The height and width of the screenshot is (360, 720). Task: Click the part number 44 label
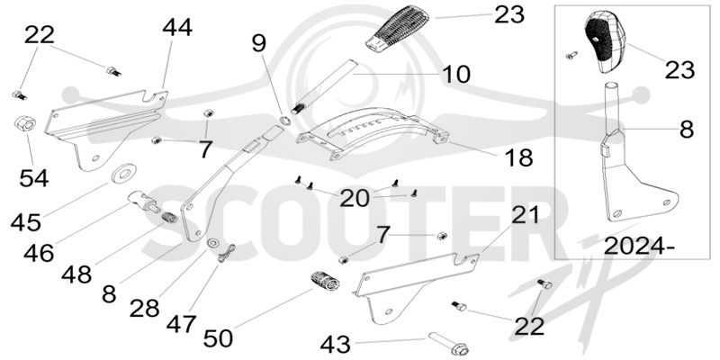pos(177,27)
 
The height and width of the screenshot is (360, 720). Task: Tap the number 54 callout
pos(34,177)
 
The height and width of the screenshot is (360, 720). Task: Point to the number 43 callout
pos(335,344)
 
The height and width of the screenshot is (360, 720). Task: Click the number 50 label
pos(218,338)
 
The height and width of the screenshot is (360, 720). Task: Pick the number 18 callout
pos(518,157)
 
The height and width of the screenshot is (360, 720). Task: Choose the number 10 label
pos(456,75)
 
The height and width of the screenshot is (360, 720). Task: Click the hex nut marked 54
pos(26,124)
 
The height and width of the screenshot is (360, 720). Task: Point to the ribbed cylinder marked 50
pos(324,280)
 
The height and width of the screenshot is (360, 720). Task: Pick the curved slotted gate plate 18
pos(373,133)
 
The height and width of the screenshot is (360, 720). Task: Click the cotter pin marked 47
pos(227,254)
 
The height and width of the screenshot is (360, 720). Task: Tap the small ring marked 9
pos(284,121)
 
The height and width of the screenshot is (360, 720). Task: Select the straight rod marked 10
pos(324,86)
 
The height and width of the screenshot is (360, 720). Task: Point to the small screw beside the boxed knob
pos(572,56)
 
